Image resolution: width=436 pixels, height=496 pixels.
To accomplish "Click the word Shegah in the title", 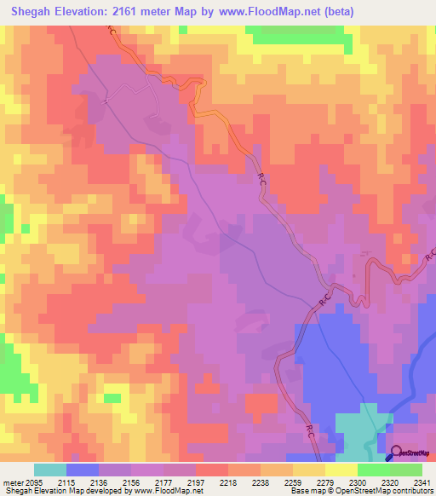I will [33, 11].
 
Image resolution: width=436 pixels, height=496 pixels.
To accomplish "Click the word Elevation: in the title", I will [89, 11].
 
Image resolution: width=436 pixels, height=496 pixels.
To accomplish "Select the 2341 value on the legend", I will [420, 482].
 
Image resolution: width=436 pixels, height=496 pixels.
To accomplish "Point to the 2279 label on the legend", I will [324, 482].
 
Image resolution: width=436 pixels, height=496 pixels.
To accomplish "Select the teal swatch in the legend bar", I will [50, 470].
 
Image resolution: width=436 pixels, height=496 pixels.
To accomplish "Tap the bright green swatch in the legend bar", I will [406, 470].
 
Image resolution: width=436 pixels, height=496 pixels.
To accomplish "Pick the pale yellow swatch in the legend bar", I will [341, 470].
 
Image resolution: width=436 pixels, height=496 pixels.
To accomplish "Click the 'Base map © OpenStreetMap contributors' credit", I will [361, 492].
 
